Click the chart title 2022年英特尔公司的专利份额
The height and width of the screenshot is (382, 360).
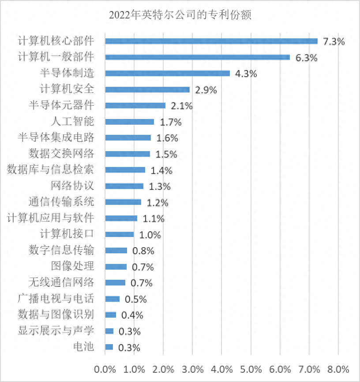[x=180, y=15]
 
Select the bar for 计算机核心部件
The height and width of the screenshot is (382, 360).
[x=211, y=41]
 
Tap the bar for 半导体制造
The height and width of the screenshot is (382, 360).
[x=168, y=74]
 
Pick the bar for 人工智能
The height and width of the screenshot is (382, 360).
[x=130, y=122]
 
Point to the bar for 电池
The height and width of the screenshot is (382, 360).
[x=109, y=347]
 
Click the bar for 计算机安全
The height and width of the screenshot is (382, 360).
[x=147, y=90]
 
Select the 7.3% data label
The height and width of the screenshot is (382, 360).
[x=334, y=42]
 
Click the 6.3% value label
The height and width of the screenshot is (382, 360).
[x=306, y=58]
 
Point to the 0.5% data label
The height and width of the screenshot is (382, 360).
[x=135, y=299]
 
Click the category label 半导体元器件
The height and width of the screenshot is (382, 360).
[x=61, y=105]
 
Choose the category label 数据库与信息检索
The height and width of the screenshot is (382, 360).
[x=50, y=170]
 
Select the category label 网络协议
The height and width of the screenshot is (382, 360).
[x=72, y=186]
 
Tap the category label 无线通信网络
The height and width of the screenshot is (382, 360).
[x=61, y=282]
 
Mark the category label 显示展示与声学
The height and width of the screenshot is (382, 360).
[x=56, y=331]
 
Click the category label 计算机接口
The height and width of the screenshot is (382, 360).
[x=67, y=234]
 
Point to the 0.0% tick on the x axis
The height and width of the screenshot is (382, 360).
[x=105, y=369]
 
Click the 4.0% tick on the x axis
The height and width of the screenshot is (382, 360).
[x=221, y=369]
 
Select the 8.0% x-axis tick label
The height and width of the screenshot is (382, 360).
[x=338, y=369]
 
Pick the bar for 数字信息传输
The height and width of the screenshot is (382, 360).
[x=116, y=251]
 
